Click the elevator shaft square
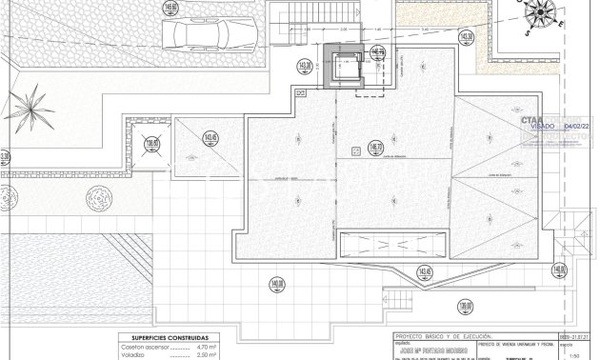point(344,67)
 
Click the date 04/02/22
point(577,125)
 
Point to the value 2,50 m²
point(206,354)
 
